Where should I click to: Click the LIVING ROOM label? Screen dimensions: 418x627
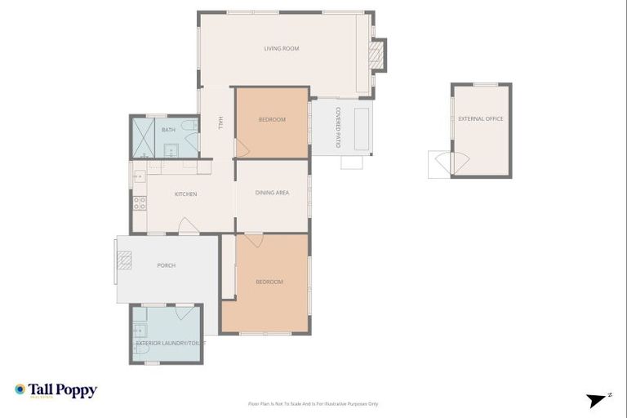281,49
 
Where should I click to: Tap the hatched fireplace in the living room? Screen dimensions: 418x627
376,54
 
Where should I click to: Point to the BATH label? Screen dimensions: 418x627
168,130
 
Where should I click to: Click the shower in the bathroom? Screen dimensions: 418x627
144,137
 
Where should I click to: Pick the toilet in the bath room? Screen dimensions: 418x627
189,126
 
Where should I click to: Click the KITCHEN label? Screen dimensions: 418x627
185,193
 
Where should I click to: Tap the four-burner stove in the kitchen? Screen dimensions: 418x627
140,202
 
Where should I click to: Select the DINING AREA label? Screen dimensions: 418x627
272,193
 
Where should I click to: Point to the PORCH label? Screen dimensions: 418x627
166,265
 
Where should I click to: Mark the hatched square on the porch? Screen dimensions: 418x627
123,260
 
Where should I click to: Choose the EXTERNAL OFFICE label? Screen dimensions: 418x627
481,119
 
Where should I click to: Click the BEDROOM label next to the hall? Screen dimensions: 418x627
272,120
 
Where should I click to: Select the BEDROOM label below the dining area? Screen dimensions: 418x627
269,282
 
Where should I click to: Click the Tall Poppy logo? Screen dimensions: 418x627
56,390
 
